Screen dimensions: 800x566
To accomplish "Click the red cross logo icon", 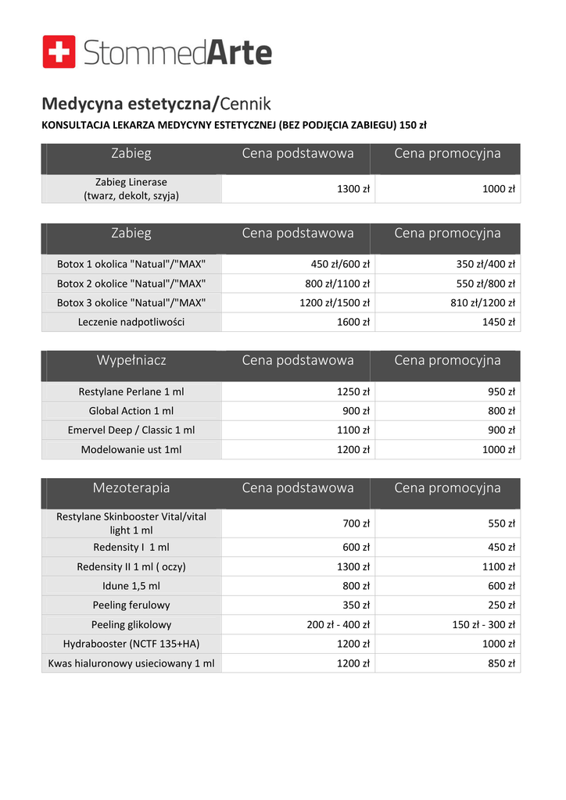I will point(59,52).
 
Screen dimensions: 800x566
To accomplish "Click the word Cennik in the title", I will point(246,103).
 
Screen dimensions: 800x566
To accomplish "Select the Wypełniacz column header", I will point(131,360).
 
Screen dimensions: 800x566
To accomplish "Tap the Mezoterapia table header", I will point(131,487).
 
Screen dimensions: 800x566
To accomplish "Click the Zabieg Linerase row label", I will point(131,189).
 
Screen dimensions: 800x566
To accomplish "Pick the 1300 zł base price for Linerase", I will point(353,189).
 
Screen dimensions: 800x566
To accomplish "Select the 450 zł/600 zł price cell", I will point(340,264).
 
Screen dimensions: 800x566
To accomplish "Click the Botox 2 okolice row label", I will point(131,284).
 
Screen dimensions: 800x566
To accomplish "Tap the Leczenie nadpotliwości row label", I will point(131,322).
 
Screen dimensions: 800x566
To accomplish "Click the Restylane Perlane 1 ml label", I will point(131,392).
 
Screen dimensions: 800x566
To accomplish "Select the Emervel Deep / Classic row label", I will point(131,430).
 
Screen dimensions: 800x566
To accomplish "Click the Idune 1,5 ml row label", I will point(131,586).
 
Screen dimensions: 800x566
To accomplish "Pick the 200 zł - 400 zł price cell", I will point(338,624).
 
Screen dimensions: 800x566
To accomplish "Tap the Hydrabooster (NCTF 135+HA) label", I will point(131,644).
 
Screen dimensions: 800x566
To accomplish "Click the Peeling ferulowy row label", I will point(131,605).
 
